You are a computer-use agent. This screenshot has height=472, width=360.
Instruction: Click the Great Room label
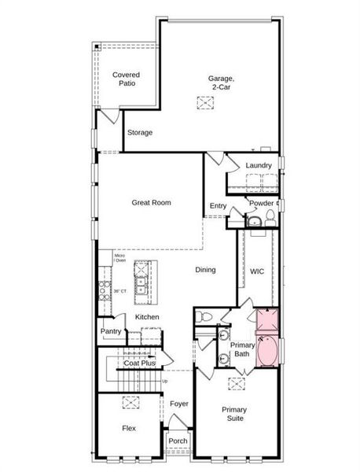pos(151,202)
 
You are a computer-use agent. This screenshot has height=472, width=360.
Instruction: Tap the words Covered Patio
pos(127,79)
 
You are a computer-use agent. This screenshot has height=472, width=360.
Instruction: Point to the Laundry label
pos(259,165)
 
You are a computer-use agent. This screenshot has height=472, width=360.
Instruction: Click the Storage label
pos(140,132)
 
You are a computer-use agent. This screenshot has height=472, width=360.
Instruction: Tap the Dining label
pos(206,270)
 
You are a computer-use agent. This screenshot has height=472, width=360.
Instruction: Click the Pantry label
pos(111,331)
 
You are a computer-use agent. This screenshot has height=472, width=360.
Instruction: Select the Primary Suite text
pos(234,415)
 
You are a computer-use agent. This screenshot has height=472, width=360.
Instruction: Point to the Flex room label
pos(128,429)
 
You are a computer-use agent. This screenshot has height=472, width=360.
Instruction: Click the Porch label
pos(178,441)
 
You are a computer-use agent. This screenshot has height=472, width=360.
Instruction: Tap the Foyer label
pos(179,404)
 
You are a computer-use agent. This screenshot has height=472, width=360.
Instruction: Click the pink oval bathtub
pos(267,352)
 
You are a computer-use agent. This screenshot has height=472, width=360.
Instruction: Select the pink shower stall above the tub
pos(267,322)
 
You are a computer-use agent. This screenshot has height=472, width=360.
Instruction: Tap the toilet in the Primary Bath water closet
pos(205,315)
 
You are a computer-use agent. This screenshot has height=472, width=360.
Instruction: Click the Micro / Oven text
pos(119,257)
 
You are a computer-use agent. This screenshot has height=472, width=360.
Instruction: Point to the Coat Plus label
pos(140,363)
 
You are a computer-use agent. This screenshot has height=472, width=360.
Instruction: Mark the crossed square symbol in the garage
pos(205,103)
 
